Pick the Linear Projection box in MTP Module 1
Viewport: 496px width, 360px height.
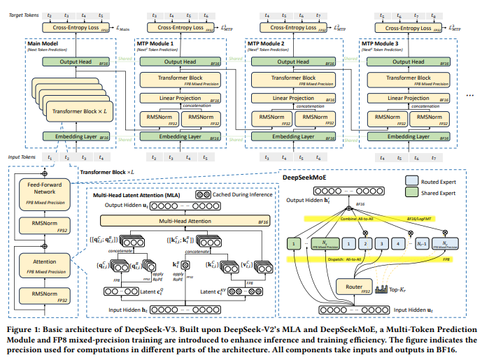[x=184, y=98]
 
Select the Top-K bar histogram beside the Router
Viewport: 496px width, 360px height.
[x=383, y=287]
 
